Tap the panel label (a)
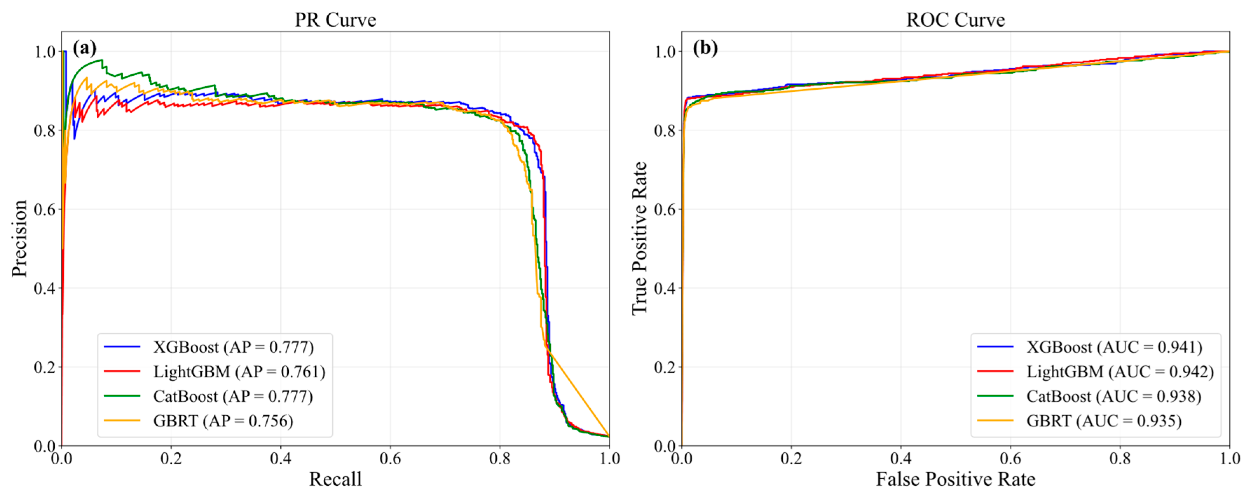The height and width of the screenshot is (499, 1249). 84,48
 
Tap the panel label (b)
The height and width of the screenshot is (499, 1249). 705,48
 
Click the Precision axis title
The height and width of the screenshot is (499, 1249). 19,239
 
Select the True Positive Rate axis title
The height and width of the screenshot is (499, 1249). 639,239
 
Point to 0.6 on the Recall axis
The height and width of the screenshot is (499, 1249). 390,459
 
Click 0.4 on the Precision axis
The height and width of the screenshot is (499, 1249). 44,288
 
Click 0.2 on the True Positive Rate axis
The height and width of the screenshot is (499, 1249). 665,367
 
